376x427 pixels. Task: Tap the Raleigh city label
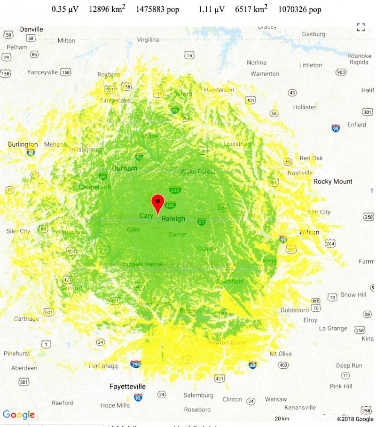pos(173,219)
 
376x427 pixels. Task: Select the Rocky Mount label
pos(333,182)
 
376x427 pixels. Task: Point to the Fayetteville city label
pos(127,387)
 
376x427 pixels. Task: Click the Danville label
pos(31,29)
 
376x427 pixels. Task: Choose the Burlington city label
pos(23,144)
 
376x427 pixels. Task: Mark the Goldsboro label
pos(295,310)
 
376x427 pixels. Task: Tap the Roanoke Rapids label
pos(359,59)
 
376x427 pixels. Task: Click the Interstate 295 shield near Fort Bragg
pos(135,364)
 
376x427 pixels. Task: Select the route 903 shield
pos(341,72)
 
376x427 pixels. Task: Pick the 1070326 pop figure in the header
pos(300,9)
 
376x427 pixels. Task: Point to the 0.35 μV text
pos(65,9)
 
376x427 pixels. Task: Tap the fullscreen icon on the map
pos(360,27)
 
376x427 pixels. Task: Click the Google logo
pos(19,415)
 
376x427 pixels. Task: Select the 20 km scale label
pos(282,419)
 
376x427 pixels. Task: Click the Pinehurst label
pos(16,353)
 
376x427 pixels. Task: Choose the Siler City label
pos(18,231)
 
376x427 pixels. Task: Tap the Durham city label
pos(125,168)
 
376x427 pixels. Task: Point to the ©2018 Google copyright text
pos(355,419)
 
